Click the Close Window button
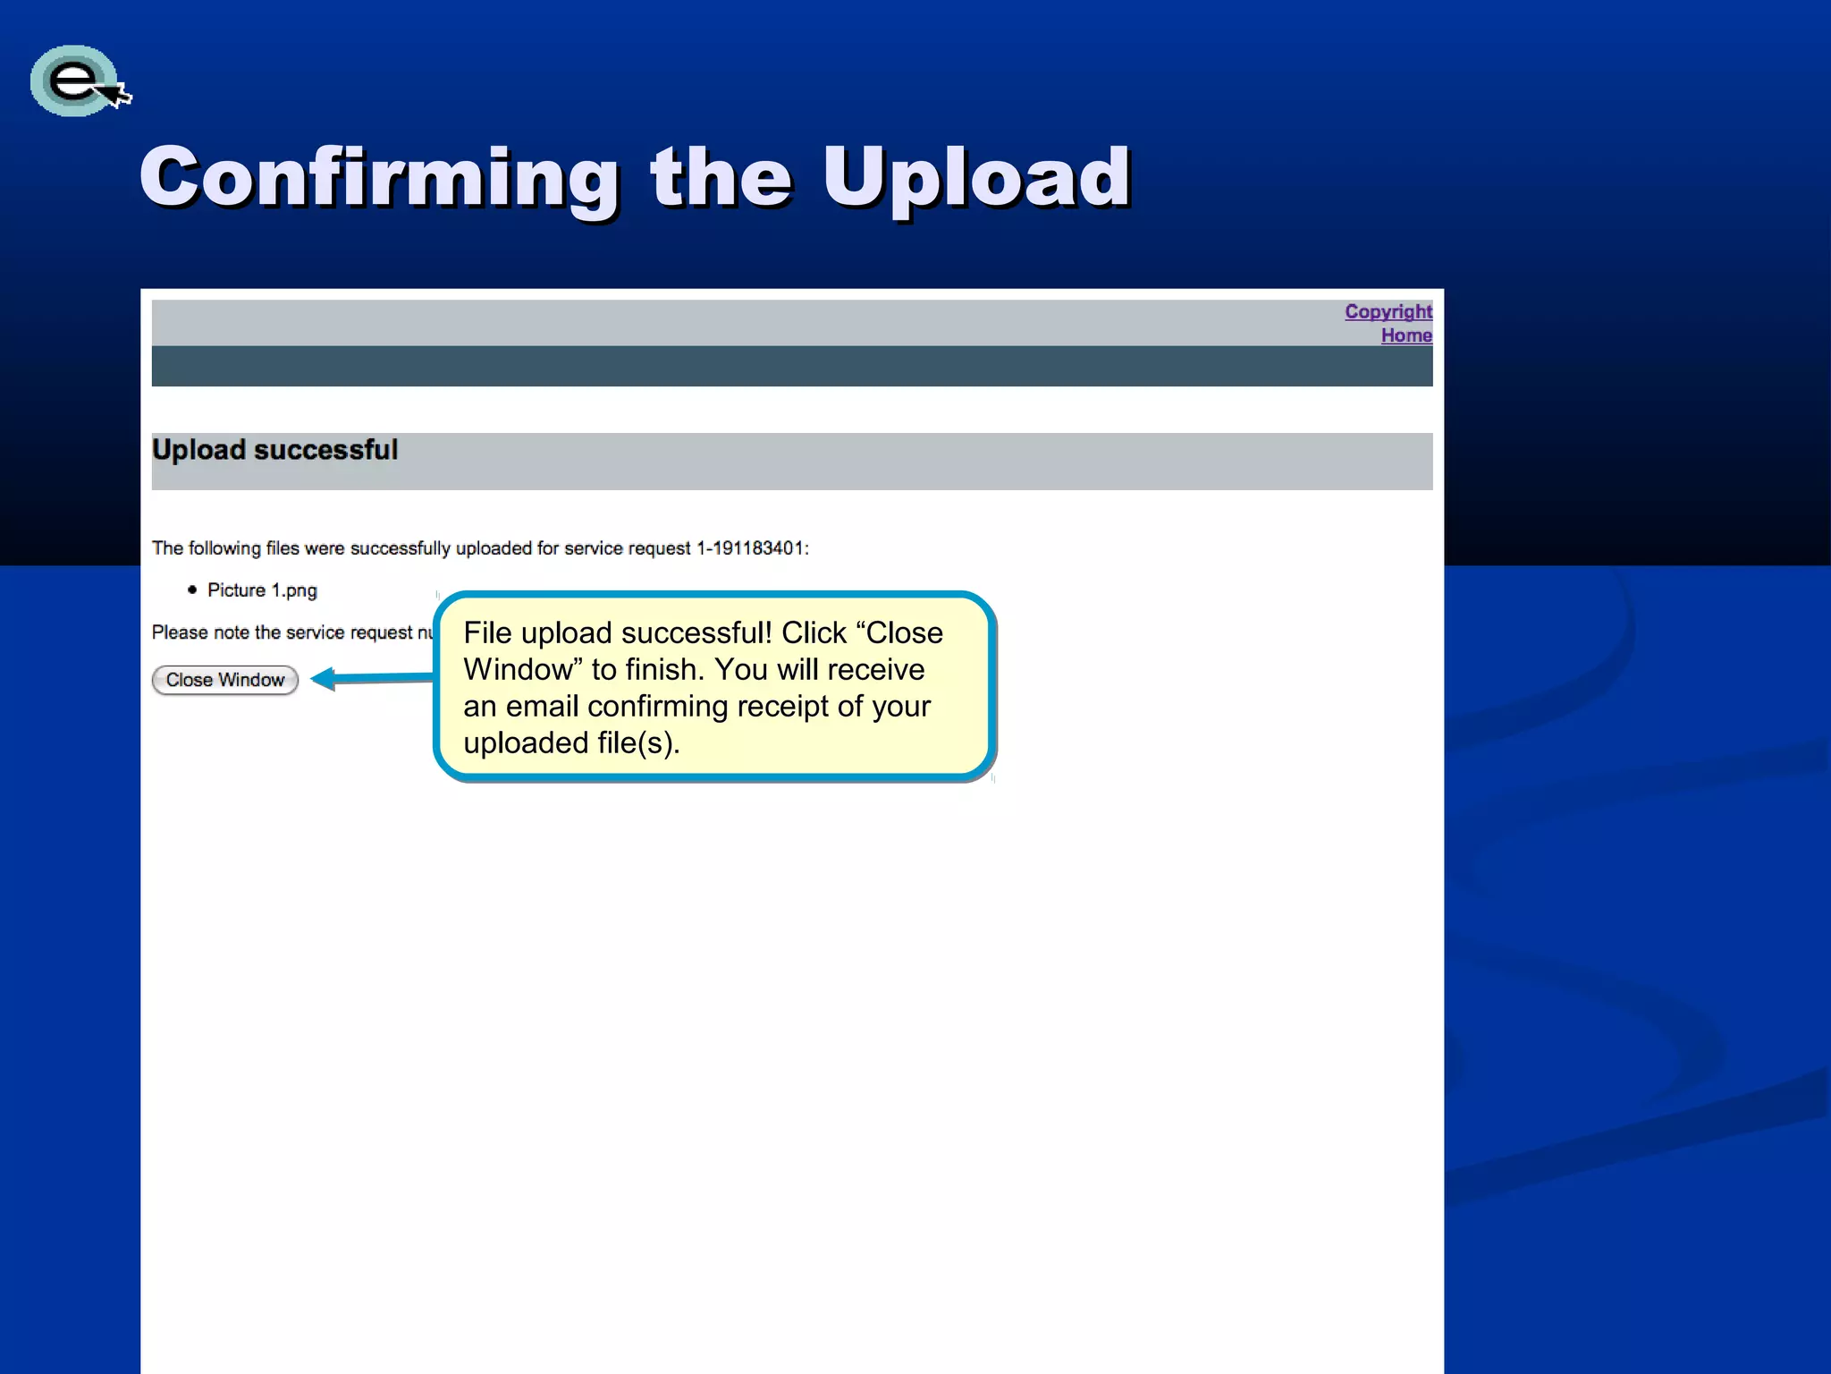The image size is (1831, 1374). (224, 680)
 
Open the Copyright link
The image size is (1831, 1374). (1388, 311)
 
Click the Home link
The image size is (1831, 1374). (1405, 335)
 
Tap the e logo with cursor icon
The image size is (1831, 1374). (79, 81)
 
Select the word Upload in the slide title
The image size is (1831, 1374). (976, 178)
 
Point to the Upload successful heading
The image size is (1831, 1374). (274, 450)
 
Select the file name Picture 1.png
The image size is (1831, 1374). (262, 590)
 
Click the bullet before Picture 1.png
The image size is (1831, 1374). (192, 589)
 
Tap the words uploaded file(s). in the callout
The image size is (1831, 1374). (571, 743)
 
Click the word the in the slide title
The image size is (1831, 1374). (721, 178)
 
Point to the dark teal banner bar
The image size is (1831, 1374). (791, 367)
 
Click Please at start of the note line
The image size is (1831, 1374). (180, 632)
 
